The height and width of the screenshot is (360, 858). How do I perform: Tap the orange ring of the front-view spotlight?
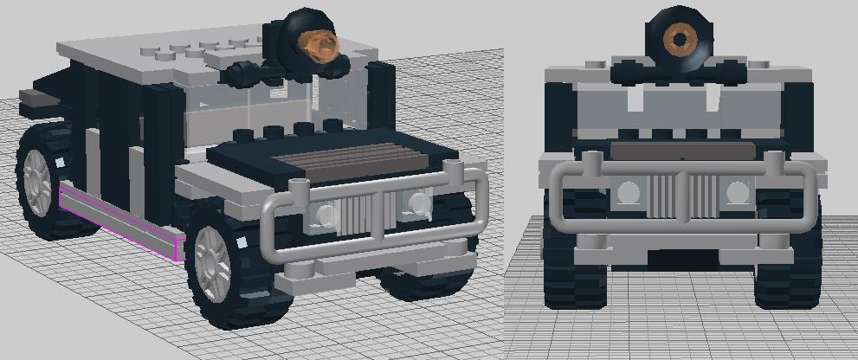point(680,38)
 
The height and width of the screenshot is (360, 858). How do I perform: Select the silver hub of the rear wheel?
point(38,183)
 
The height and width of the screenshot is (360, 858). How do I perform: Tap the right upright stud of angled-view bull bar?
point(450,170)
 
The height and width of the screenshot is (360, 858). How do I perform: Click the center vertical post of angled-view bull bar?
point(379,216)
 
